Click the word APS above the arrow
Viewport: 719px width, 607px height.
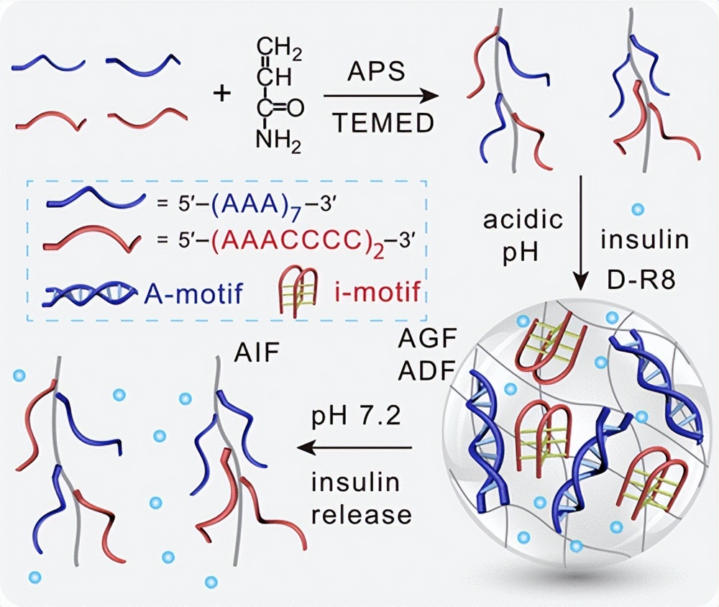click(x=378, y=73)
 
